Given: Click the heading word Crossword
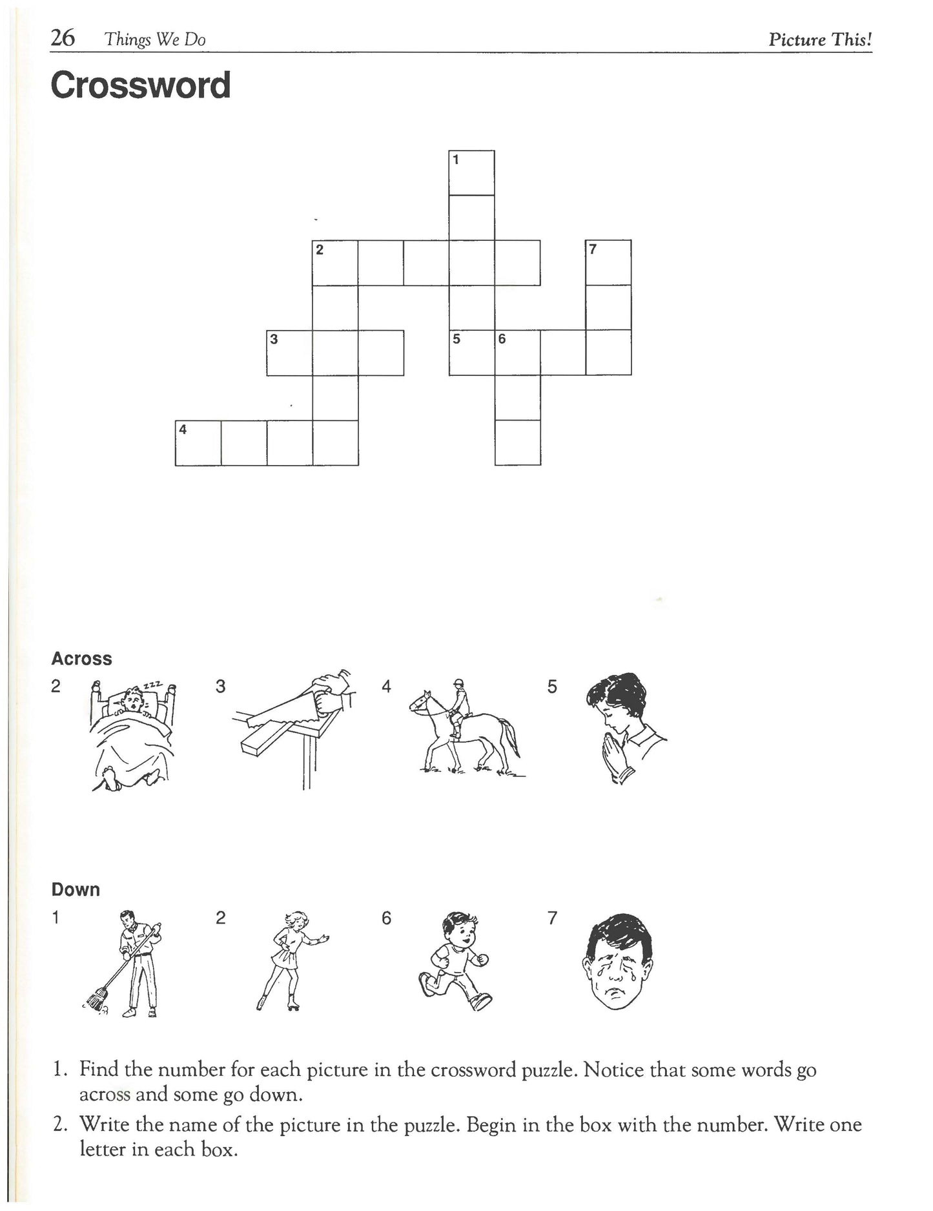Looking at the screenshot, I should tap(140, 86).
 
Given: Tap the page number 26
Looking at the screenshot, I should tap(63, 39).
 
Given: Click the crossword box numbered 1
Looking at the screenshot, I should tap(471, 173).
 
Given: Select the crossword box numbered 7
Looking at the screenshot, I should tap(608, 262).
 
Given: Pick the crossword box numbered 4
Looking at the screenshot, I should tap(198, 443).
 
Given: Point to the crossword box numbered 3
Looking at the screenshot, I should tap(289, 353).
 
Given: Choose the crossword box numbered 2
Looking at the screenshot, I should tap(335, 262).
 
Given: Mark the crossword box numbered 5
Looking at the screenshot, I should tap(472, 353).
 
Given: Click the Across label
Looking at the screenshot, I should tap(81, 659).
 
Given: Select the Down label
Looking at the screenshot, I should tap(76, 889).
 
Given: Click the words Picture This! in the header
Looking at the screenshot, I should tap(820, 39).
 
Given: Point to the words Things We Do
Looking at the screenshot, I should tap(156, 40).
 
